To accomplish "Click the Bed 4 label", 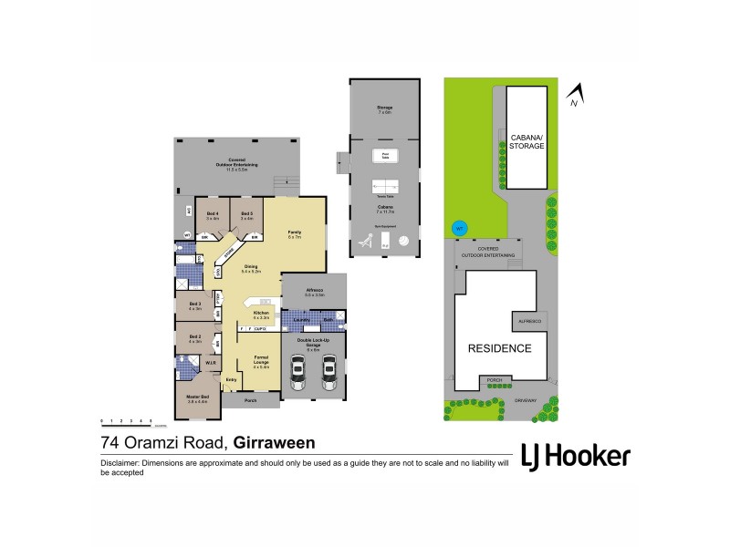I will tap(212, 214).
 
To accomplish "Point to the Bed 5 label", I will tap(246, 214).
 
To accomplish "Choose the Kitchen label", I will tap(260, 315).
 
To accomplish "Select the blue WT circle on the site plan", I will tap(459, 227).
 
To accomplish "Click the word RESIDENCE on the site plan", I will tap(499, 348).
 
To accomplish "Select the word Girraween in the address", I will tap(275, 444).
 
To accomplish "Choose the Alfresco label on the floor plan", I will tap(315, 294).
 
